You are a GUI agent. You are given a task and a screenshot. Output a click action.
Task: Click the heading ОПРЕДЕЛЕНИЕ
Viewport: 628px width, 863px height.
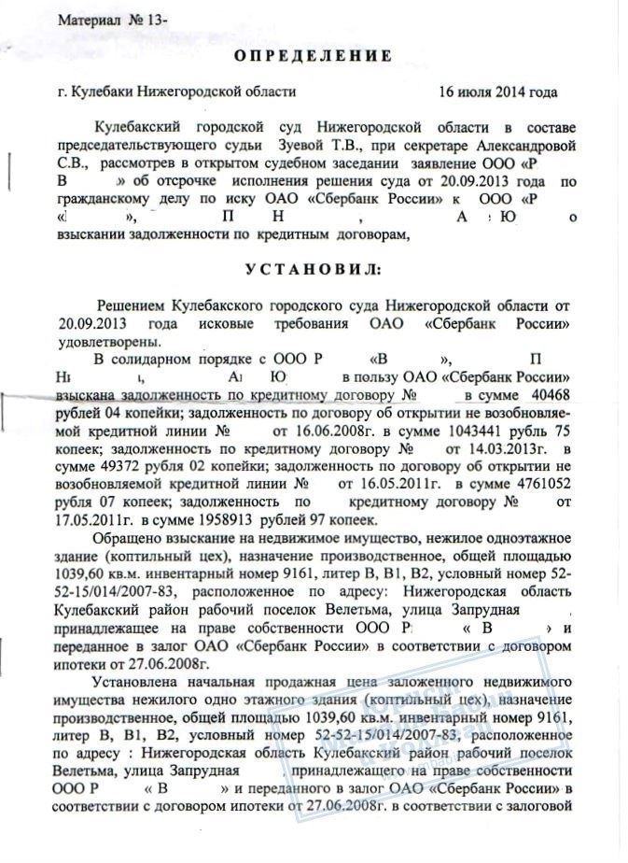[313, 56]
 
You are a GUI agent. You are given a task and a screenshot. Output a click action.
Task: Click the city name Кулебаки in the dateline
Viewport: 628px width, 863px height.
[102, 92]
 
